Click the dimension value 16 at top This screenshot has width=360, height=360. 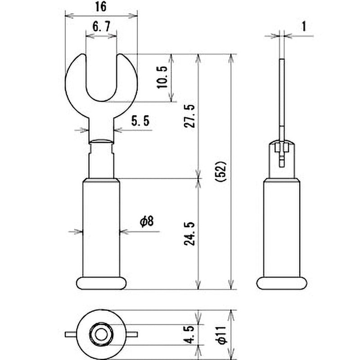(101, 8)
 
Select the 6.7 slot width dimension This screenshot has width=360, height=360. (101, 27)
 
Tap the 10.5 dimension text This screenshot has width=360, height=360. (162, 77)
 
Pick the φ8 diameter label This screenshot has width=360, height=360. (147, 221)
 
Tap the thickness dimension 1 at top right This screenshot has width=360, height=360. (304, 26)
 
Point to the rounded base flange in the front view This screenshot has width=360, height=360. (101, 283)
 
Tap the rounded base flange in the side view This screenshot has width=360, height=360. (282, 283)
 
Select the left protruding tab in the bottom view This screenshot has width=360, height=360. (70, 334)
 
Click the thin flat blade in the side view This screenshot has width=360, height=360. (282, 94)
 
